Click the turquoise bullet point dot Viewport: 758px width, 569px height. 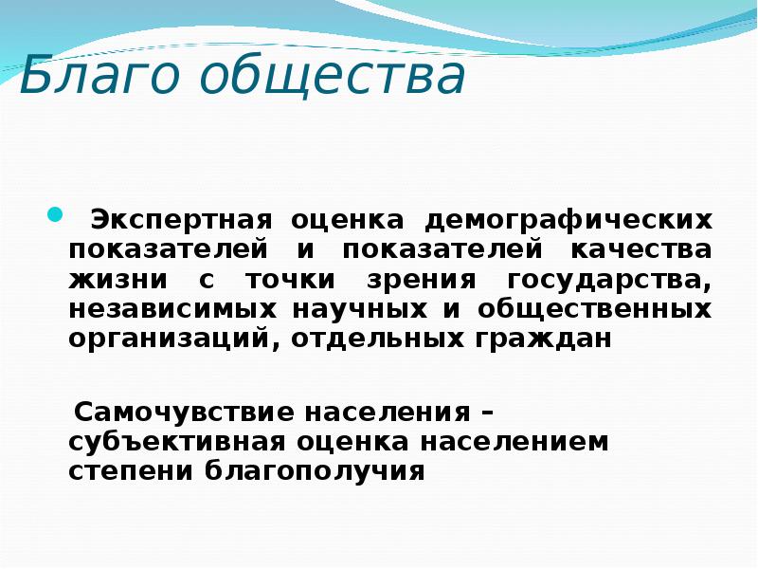(x=56, y=214)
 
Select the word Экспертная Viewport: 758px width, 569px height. (x=182, y=220)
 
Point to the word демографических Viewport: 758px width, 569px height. (x=568, y=220)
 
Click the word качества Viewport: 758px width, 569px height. (x=641, y=249)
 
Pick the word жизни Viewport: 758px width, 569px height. (x=118, y=280)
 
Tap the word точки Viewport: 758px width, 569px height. (x=290, y=280)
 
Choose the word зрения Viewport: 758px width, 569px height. (x=422, y=281)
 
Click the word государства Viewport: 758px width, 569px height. (x=609, y=281)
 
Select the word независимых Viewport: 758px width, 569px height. (x=172, y=309)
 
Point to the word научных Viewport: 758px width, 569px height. (x=360, y=310)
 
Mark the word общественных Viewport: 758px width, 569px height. (x=595, y=310)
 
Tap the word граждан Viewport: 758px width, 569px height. (x=543, y=340)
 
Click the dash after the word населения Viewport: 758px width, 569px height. (x=488, y=413)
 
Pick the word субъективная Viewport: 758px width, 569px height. (x=177, y=442)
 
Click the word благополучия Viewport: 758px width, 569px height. (x=316, y=471)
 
